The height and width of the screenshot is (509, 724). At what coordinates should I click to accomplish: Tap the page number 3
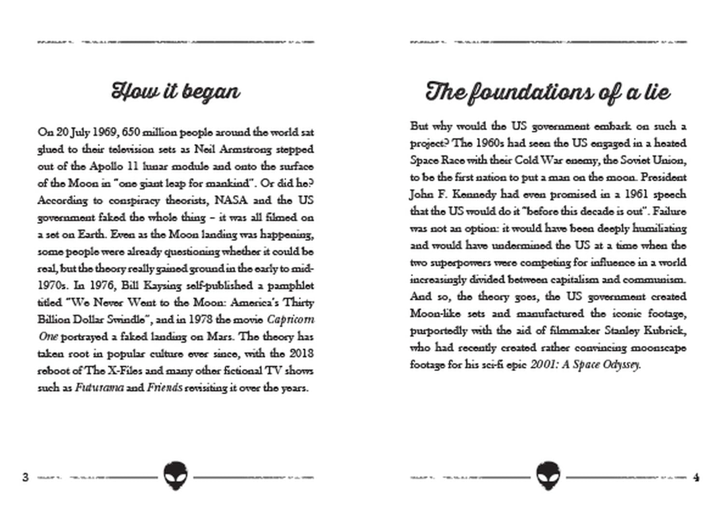click(x=26, y=477)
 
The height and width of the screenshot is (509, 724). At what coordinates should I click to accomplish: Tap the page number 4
click(x=696, y=477)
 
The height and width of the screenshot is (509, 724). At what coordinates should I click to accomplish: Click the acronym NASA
click(x=231, y=200)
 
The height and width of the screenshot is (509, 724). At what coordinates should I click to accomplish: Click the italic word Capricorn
click(x=291, y=320)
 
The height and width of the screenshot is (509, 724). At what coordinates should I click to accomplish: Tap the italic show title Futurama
click(x=99, y=388)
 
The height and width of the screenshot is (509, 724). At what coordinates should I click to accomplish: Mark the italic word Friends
click(x=164, y=388)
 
